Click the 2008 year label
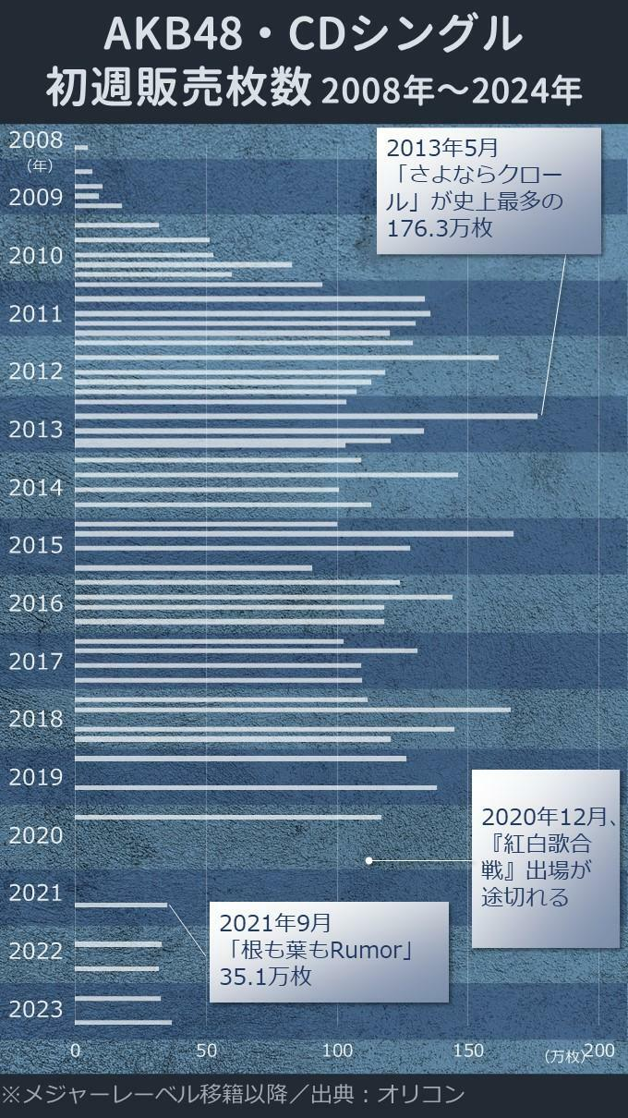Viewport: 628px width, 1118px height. [x=36, y=140]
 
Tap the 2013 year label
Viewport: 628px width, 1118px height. [x=36, y=430]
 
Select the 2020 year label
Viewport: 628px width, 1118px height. [x=36, y=835]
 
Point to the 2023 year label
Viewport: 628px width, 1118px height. [x=36, y=1009]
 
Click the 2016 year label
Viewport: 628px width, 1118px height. [x=36, y=603]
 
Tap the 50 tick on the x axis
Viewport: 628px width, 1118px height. [x=207, y=1051]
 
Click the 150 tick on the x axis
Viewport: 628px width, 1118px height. [x=469, y=1051]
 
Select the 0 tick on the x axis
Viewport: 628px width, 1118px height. [x=76, y=1051]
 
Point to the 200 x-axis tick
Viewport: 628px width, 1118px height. [x=599, y=1051]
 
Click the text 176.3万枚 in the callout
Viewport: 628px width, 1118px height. [x=440, y=227]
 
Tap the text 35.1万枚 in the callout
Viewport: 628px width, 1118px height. [x=266, y=977]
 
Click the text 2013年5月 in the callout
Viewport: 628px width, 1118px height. [x=441, y=148]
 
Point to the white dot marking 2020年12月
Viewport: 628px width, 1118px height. [x=369, y=860]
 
